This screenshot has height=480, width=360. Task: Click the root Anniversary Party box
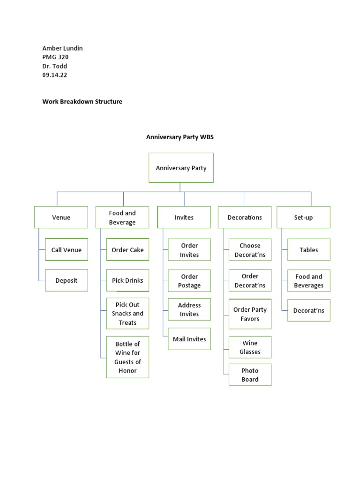[x=181, y=168]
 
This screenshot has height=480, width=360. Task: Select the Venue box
[x=61, y=217]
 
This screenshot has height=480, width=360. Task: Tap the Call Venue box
[x=67, y=250]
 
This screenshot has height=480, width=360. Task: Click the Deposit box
[x=67, y=280]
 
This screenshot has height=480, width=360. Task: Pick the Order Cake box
[x=127, y=250]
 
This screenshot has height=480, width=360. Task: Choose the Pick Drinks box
[x=127, y=280]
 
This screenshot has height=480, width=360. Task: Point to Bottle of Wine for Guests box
[x=127, y=357]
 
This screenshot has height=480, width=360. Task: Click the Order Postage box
[x=189, y=281]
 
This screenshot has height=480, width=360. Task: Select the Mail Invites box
[x=189, y=339]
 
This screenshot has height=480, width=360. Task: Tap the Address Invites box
[x=189, y=309]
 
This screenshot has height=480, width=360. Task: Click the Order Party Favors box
[x=250, y=314]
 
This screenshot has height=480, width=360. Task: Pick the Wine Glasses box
[x=250, y=347]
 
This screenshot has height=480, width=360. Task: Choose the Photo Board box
[x=250, y=375]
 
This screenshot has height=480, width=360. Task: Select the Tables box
[x=309, y=250]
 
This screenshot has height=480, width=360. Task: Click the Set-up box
[x=303, y=217]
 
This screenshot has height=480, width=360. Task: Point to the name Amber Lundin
[x=62, y=48]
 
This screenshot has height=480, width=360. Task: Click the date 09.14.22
[x=55, y=75]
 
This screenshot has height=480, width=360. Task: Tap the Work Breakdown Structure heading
[x=82, y=101]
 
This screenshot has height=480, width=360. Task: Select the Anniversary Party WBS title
[x=180, y=137]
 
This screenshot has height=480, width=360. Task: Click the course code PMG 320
[x=55, y=57]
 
